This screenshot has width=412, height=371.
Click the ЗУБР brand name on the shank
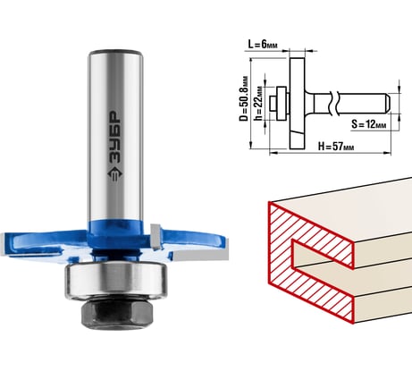tap(114, 137)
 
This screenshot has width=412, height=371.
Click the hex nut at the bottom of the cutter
tap(117, 312)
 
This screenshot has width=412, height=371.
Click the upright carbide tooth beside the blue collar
tap(156, 237)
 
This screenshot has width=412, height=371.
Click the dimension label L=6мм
tap(263, 45)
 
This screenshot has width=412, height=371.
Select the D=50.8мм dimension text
tap(244, 98)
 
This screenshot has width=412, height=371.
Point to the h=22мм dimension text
tap(258, 103)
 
